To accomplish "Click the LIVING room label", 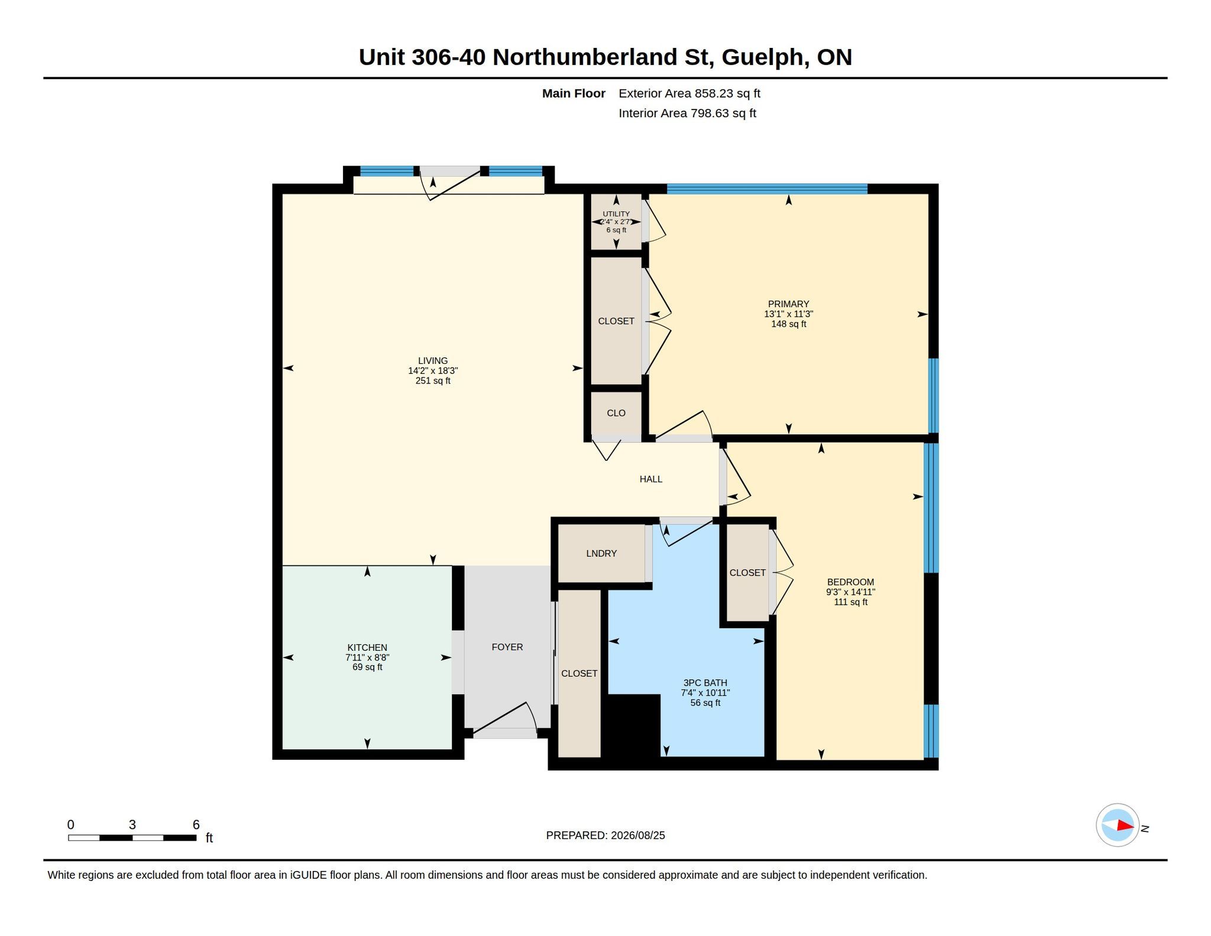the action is (x=433, y=361).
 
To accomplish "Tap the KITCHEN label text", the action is (x=367, y=648).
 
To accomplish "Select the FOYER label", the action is (x=507, y=647).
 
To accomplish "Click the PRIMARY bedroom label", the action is (x=788, y=304).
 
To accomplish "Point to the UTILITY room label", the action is (x=616, y=214).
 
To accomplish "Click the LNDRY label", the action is (x=601, y=554).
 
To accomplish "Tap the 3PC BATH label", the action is (x=705, y=683).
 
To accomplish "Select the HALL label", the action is (x=651, y=479).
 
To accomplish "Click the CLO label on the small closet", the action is (x=616, y=413).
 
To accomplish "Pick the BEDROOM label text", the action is (x=850, y=582).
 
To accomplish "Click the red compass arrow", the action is (x=1125, y=825).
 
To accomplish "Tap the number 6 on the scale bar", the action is (x=196, y=825).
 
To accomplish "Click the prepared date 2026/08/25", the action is (x=638, y=835).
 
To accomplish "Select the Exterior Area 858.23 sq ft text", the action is (x=689, y=93).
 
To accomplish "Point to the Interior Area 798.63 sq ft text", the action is (x=688, y=113).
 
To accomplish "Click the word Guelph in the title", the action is (x=762, y=57).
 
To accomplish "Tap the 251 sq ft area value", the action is (x=433, y=381).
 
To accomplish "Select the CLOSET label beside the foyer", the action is (x=579, y=674).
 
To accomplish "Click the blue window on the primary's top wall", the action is (x=767, y=189).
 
